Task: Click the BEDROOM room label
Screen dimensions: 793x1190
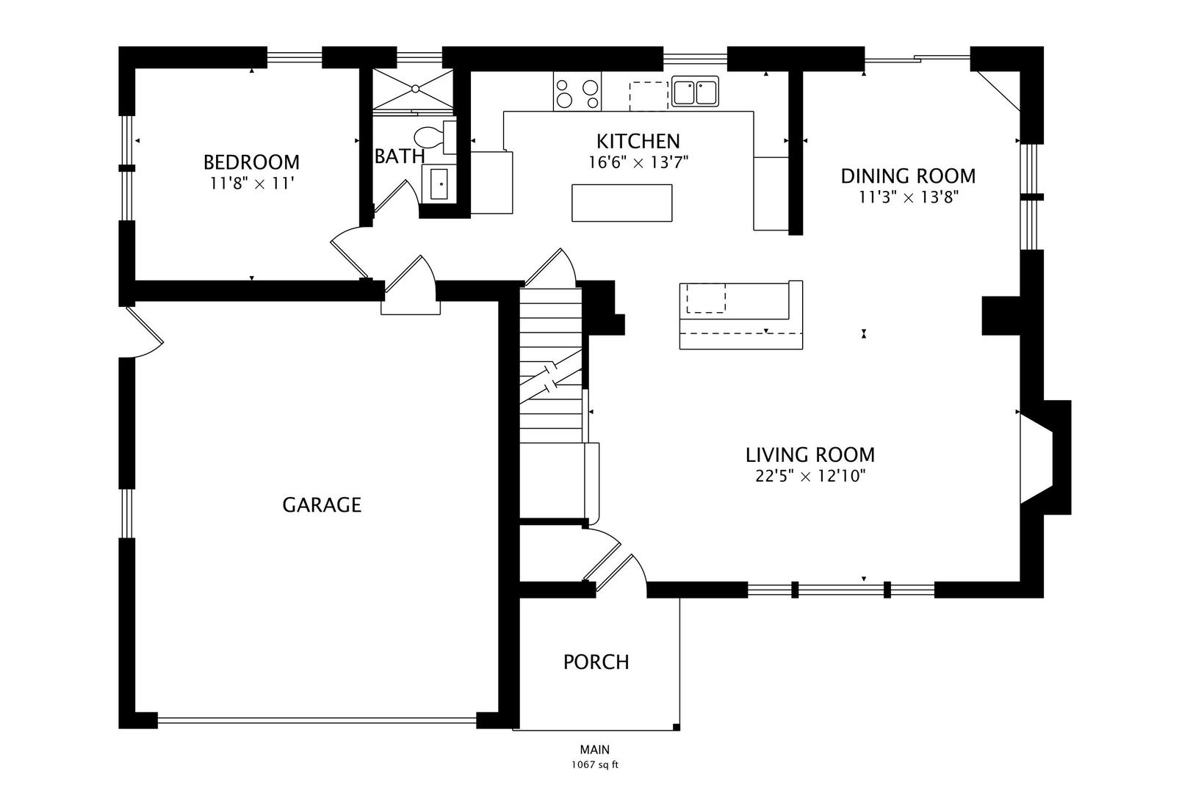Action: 251,162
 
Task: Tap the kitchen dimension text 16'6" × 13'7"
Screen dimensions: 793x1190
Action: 638,162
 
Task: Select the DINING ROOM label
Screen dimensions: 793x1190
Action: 908,176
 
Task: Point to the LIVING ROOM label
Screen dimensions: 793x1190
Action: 810,455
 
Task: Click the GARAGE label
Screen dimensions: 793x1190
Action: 322,505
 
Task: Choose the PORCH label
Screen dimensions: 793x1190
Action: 596,662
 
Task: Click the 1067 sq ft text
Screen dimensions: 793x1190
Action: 595,765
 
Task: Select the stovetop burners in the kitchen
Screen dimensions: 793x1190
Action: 577,92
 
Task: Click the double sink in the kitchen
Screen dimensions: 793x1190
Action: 695,93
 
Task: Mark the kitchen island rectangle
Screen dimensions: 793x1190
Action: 621,203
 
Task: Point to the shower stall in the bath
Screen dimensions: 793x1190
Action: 414,89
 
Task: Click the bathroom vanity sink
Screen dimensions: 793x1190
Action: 439,182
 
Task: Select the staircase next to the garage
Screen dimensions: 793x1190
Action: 551,367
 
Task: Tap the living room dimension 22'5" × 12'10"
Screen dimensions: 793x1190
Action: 810,476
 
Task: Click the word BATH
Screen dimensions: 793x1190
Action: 400,156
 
